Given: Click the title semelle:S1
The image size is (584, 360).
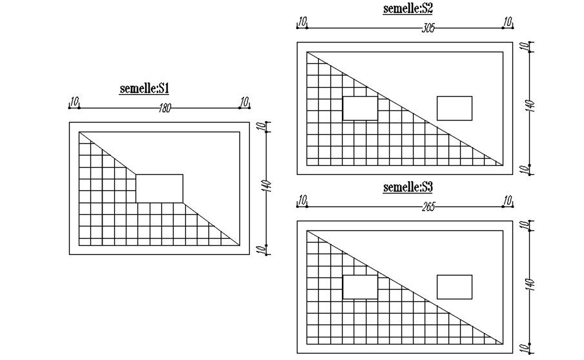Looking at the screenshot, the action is click(x=144, y=88).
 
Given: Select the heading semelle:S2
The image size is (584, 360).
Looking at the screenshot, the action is click(x=407, y=9).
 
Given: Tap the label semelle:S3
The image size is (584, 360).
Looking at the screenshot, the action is click(x=407, y=188).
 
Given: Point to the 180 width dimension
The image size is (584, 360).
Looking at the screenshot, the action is click(x=165, y=108).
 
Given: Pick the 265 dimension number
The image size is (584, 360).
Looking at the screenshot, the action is click(x=428, y=206).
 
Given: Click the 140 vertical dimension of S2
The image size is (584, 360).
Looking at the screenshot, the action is click(x=531, y=107).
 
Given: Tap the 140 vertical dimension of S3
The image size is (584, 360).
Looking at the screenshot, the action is click(x=531, y=285).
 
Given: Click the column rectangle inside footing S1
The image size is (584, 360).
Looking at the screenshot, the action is click(x=159, y=188).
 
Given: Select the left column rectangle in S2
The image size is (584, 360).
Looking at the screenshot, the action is click(x=360, y=108).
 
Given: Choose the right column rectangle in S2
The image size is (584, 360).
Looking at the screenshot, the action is click(x=454, y=108).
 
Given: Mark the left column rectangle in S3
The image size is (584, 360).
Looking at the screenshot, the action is click(x=360, y=287).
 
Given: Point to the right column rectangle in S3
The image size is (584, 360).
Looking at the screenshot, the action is click(x=454, y=287).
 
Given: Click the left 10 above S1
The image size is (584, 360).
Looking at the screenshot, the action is click(x=75, y=101).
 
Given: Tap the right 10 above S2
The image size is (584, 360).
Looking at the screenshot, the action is click(x=508, y=22).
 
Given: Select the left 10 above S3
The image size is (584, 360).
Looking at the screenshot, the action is click(x=301, y=201).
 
